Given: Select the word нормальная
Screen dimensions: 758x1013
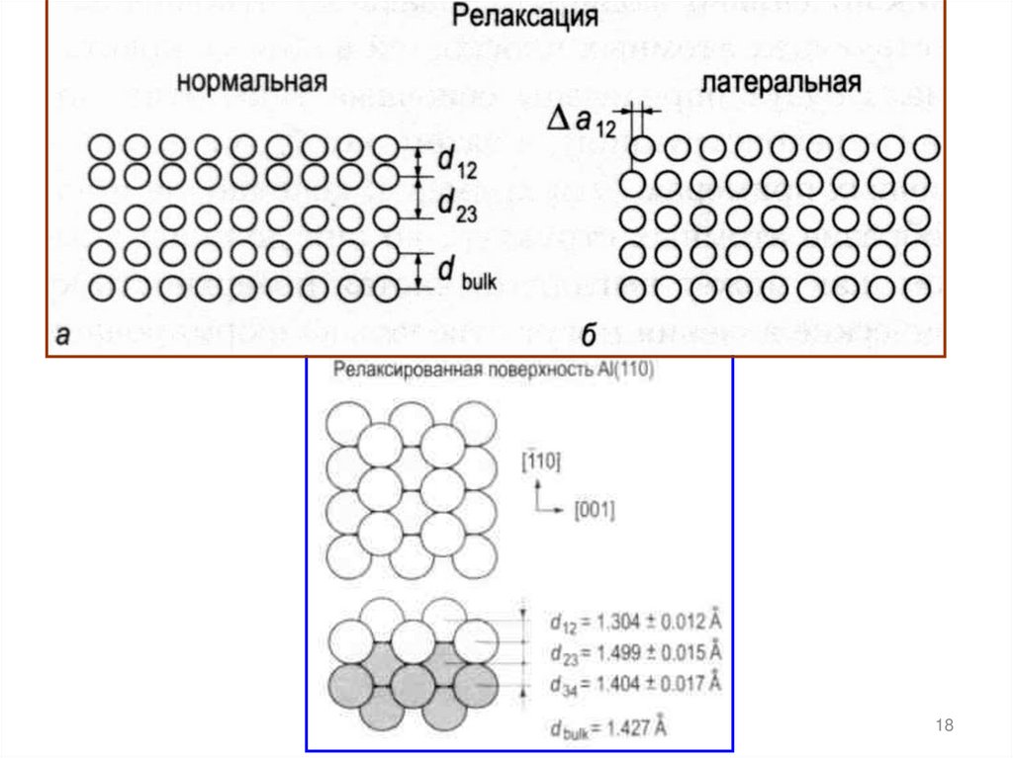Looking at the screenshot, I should click(x=252, y=82).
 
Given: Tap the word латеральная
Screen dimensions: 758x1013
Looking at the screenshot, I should click(x=780, y=82).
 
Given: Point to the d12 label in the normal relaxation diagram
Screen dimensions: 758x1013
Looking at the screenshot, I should click(x=457, y=162).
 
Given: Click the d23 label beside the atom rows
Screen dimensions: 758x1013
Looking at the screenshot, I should click(x=457, y=205).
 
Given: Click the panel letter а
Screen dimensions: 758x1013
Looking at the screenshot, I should click(x=62, y=336).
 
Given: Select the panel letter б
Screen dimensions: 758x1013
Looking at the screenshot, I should click(x=588, y=336).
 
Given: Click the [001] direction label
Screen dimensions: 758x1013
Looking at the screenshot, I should click(x=594, y=511).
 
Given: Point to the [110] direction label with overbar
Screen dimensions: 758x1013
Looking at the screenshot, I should click(x=539, y=462).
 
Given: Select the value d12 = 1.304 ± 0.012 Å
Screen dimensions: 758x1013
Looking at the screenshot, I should click(x=635, y=622).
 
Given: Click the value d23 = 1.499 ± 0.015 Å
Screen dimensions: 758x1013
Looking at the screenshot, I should click(x=635, y=653).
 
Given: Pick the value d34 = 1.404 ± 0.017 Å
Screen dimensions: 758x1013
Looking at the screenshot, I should click(x=635, y=684).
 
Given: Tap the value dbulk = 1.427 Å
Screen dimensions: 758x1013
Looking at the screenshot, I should click(x=607, y=729).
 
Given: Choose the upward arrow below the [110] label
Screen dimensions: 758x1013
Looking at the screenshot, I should click(x=535, y=492).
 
